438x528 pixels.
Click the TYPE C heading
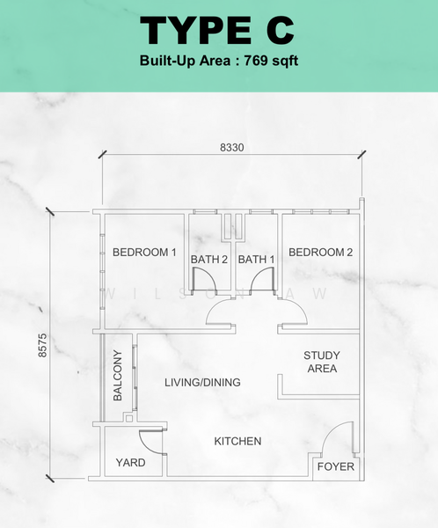pos(217,30)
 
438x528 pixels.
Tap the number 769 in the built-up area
pos(256,61)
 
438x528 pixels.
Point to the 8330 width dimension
pos(232,148)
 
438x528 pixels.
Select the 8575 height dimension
pos(43,345)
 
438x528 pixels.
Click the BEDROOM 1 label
pos(144,253)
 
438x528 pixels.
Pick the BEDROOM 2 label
pos(320,253)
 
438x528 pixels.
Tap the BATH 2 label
pos(209,260)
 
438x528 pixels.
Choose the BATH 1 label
pos(256,260)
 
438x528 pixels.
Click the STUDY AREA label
pos(322,362)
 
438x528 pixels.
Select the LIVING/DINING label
pos(202,382)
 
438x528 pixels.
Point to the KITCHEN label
pos(237,441)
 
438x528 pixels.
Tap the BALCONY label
pos(118,376)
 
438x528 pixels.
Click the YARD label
pos(131,463)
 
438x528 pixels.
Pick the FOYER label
pos(336,466)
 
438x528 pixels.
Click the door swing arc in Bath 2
pos(209,274)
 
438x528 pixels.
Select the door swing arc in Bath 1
pos(257,274)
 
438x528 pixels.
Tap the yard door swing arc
pos(145,447)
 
